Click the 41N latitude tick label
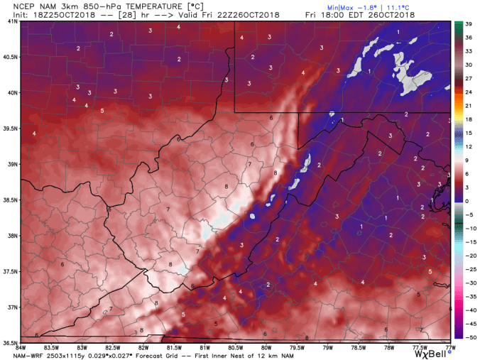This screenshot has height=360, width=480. [x=12, y=21]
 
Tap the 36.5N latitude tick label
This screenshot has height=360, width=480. [x=10, y=342]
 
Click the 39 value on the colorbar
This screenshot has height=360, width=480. [x=469, y=24]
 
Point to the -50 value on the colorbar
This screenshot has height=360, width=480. [x=469, y=337]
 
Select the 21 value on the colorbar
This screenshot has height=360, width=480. [x=469, y=106]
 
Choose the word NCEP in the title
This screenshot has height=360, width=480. [x=16, y=6]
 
